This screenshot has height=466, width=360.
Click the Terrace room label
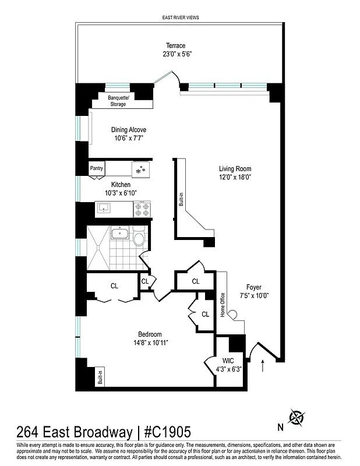(x=175, y=45)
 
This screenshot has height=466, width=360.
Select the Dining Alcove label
(x=129, y=130)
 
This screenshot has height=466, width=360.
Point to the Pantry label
(x=96, y=168)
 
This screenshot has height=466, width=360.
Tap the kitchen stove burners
(x=142, y=209)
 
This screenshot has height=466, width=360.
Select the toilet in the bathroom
(x=139, y=238)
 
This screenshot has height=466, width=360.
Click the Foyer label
(x=253, y=287)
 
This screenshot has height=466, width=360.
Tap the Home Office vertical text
(x=222, y=303)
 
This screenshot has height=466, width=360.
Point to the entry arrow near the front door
(x=263, y=366)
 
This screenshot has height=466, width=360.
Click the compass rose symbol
(x=298, y=418)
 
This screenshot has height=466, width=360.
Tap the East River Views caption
(x=180, y=18)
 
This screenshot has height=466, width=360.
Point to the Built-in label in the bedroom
(x=100, y=377)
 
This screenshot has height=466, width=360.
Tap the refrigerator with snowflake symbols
(x=140, y=169)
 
